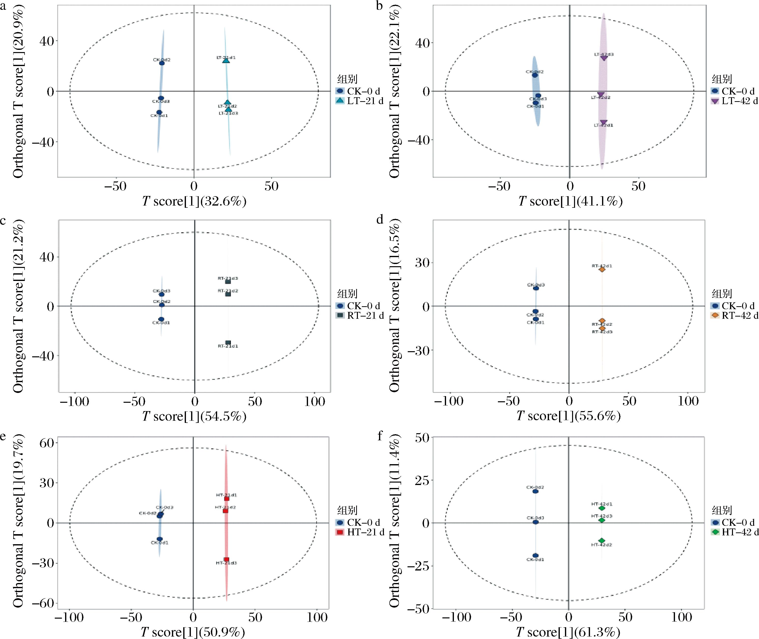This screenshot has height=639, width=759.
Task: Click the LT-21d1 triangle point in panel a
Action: [x=226, y=60]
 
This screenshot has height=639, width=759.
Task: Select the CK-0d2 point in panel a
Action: [x=162, y=63]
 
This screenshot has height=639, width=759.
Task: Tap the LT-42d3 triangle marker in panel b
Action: [x=604, y=58]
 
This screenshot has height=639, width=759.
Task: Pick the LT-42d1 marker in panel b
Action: [x=604, y=123]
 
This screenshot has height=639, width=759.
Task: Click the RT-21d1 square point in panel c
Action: [x=228, y=342]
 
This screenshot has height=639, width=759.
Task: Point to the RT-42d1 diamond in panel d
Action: [x=602, y=269]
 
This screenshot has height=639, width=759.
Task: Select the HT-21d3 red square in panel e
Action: [x=226, y=559]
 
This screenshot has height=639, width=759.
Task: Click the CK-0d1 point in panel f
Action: [x=535, y=555]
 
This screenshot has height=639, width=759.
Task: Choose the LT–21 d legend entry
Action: [x=365, y=101]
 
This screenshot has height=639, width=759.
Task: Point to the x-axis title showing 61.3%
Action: [x=568, y=632]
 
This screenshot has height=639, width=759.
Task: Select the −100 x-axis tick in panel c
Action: [x=74, y=401]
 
